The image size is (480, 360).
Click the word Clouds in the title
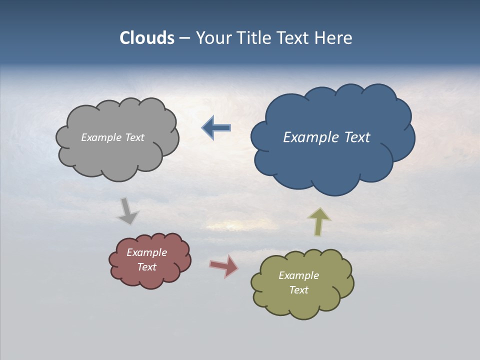[x=147, y=38]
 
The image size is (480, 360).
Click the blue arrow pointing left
[x=216, y=127]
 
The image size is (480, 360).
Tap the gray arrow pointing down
[x=127, y=211]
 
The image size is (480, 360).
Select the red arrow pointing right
[x=224, y=266]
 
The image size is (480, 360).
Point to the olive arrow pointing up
[x=318, y=221]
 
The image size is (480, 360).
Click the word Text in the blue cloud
[x=358, y=137]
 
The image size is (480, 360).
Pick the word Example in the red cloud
[x=146, y=252]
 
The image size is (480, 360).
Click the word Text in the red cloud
[x=146, y=267]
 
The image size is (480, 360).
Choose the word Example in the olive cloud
[x=298, y=275]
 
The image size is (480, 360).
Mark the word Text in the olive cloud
[x=298, y=290]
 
